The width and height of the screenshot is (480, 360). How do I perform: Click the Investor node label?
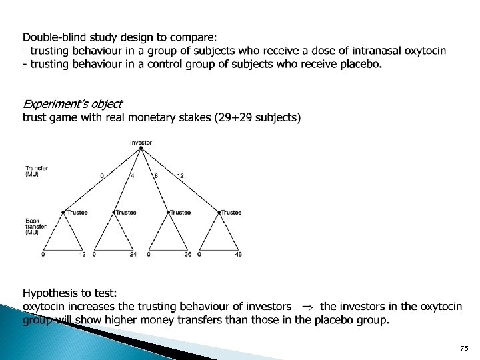coord(141,142)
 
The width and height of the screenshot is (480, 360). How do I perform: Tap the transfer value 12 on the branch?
coord(181,176)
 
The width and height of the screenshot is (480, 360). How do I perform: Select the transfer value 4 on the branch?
coord(133,176)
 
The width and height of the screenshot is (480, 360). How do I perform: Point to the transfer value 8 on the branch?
coord(155,176)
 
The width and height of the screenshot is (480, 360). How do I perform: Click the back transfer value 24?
coord(133,255)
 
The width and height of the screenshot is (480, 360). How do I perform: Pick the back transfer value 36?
coord(187,255)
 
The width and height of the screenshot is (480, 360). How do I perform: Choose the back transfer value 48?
coord(238,255)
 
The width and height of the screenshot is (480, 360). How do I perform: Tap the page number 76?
coord(464,349)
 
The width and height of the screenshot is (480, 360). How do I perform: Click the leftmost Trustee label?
coord(77,213)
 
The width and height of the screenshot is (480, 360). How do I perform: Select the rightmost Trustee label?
coord(231,213)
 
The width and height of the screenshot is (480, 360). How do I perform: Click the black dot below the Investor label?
coord(141,148)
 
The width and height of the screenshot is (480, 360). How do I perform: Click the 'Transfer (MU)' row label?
coord(36,171)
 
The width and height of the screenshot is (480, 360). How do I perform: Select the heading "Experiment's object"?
coord(73,104)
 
